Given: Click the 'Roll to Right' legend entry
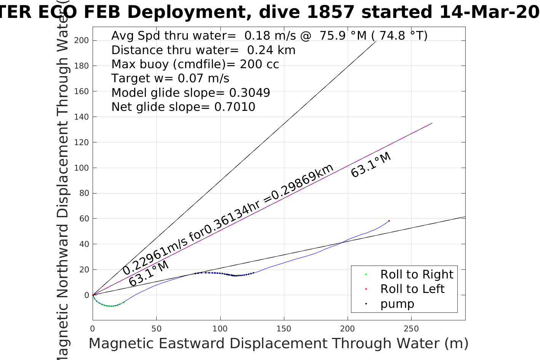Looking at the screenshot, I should tap(417, 275).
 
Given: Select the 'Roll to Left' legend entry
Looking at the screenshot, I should tap(412, 289).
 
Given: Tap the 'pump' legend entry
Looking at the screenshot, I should tap(397, 304).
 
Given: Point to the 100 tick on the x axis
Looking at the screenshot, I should tap(220, 328).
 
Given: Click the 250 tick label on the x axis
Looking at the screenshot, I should tap(411, 328).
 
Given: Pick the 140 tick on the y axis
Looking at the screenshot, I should tap(81, 117).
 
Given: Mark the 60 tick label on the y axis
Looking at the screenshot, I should tap(84, 219).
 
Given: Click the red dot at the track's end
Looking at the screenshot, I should tap(389, 221).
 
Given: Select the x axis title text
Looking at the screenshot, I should tap(278, 344).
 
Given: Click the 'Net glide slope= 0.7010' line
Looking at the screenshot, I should tap(183, 107).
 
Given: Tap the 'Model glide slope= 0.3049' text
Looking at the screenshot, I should tap(191, 93).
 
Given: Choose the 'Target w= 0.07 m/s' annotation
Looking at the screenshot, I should tap(170, 78).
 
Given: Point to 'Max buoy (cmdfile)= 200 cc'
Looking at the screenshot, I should tap(195, 64).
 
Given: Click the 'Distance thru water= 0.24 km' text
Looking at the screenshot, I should tap(203, 50).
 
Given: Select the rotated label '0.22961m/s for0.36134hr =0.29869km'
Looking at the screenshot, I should tap(228, 219).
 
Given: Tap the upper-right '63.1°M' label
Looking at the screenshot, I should tap(371, 165).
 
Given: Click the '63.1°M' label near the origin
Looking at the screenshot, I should tap(149, 274).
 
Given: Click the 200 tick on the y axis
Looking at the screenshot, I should tap(81, 40).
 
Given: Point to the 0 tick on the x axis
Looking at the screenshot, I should tap(93, 328).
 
